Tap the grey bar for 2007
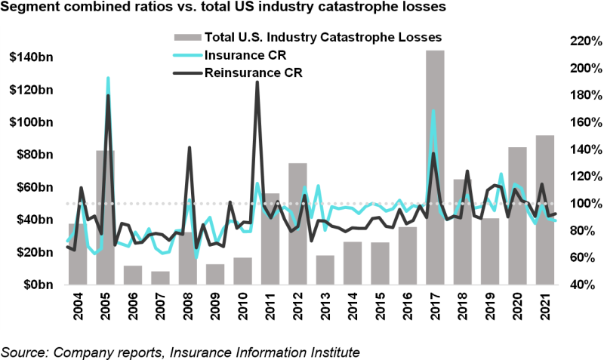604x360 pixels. point(160,278)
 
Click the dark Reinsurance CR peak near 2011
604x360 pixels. point(257,82)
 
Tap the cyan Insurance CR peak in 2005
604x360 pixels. point(108,78)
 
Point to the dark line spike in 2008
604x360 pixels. point(190,147)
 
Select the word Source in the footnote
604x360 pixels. point(22,352)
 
